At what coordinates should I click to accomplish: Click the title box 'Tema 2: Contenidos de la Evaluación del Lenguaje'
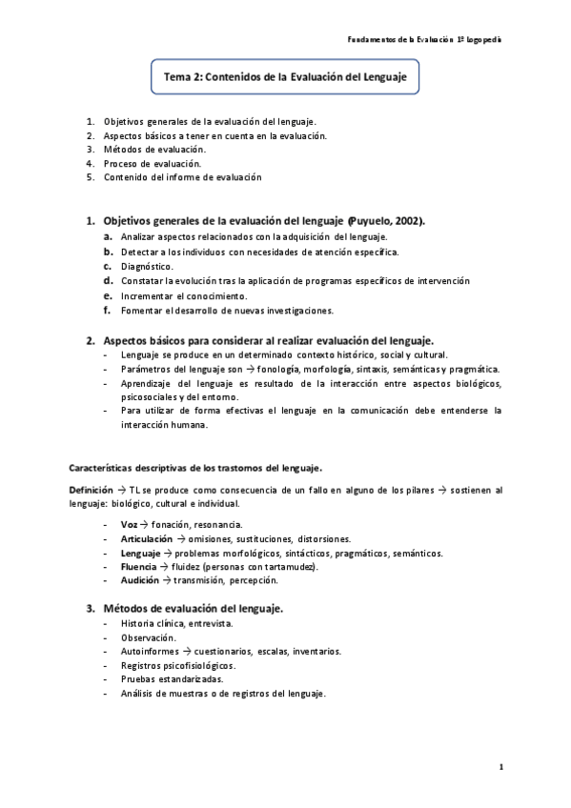(286, 77)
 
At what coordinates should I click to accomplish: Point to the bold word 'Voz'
(129, 524)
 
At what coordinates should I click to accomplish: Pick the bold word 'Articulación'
(146, 538)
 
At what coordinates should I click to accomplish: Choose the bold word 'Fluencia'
(139, 566)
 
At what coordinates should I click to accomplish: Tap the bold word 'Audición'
(139, 579)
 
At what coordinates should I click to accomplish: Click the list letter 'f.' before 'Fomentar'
(108, 310)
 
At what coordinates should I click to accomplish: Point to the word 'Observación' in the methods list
(148, 636)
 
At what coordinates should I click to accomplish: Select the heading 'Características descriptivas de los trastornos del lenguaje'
(195, 467)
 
